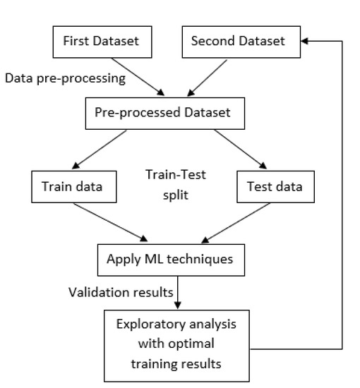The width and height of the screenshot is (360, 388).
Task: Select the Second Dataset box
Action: [238, 42]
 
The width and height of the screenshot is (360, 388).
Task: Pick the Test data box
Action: [275, 187]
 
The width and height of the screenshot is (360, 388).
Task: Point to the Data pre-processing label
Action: [66, 78]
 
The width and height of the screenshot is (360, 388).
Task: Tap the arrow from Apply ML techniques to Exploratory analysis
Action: [177, 293]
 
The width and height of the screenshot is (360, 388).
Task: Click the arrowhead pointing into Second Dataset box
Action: [304, 42]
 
